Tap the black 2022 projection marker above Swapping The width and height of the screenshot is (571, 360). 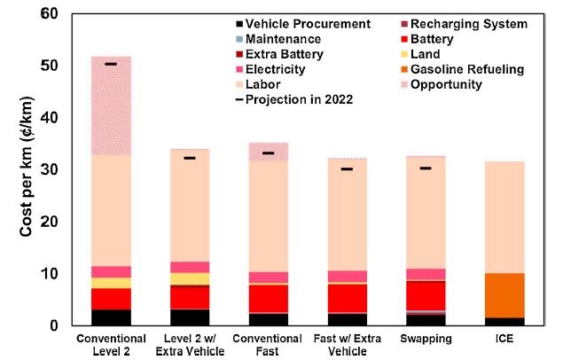click(426, 168)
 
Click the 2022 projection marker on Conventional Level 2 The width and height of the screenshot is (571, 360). click(111, 64)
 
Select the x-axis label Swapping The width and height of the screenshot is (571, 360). click(426, 340)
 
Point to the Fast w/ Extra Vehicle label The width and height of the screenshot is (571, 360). click(347, 346)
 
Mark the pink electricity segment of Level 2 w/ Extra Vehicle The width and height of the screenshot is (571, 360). click(189, 267)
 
